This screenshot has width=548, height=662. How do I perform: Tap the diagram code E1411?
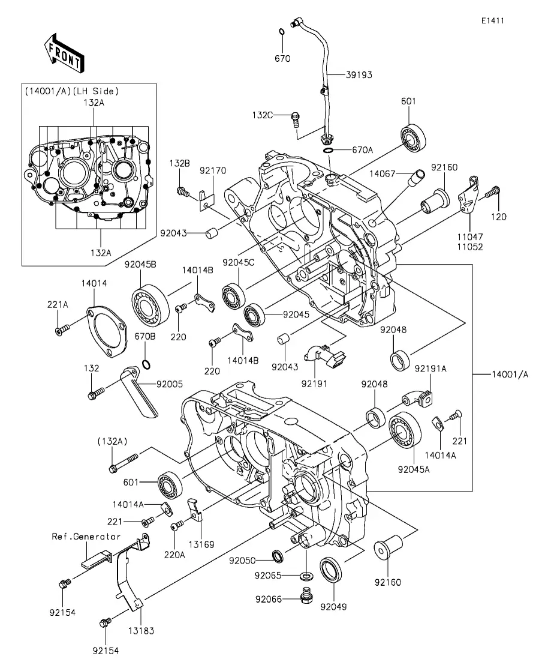(492, 20)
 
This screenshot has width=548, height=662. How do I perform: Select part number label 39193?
(359, 75)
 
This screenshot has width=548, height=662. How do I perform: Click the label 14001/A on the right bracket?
(510, 375)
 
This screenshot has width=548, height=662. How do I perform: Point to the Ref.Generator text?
(86, 537)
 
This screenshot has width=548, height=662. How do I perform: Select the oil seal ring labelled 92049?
(330, 569)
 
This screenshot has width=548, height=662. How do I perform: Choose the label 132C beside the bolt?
(279, 115)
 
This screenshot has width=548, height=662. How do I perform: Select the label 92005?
(170, 384)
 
